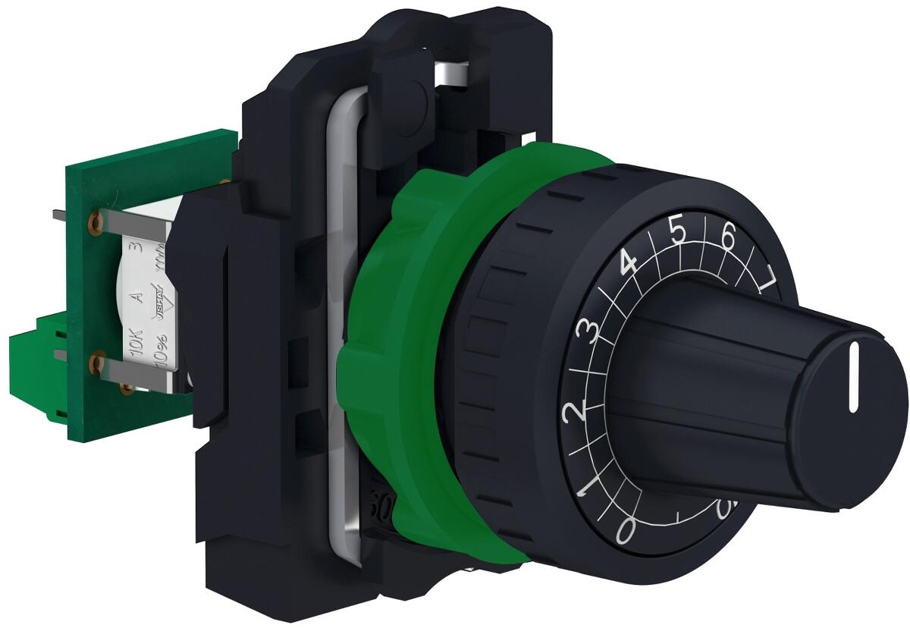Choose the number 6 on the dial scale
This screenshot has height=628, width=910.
pyautogui.click(x=729, y=237)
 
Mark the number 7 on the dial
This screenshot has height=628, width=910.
pyautogui.click(x=769, y=279)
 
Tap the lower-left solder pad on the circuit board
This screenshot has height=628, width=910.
pyautogui.click(x=96, y=365)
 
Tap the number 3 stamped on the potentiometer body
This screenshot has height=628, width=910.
pyautogui.click(x=137, y=246)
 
